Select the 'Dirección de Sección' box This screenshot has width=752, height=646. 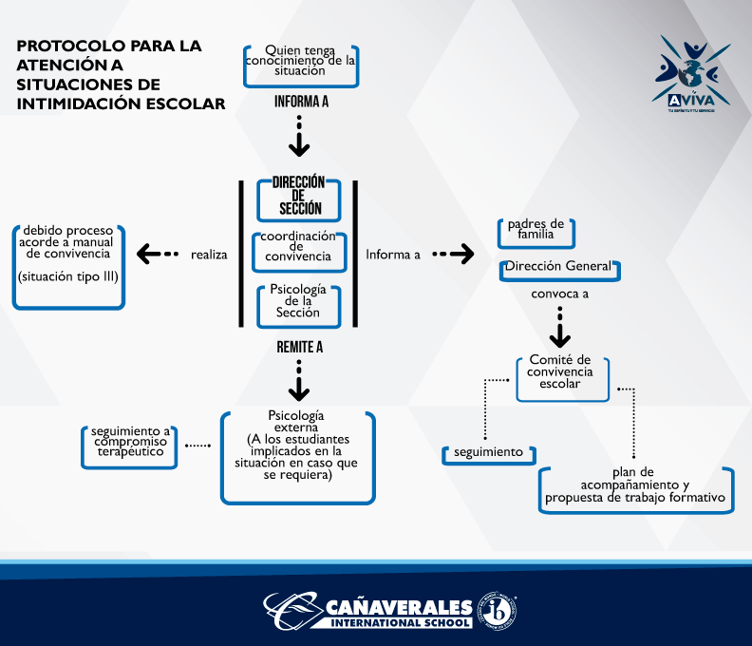299,196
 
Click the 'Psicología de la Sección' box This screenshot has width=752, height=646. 298,300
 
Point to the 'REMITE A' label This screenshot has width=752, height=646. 300,348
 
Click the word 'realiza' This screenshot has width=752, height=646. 209,255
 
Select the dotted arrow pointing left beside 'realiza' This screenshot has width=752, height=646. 158,254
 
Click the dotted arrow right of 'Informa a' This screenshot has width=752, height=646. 453,254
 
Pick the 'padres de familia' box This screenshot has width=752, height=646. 536,231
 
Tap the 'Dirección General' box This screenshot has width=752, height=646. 560,268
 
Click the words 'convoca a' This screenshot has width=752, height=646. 559,294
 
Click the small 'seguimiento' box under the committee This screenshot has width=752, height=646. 486,453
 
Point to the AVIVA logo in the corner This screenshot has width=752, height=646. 692,77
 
